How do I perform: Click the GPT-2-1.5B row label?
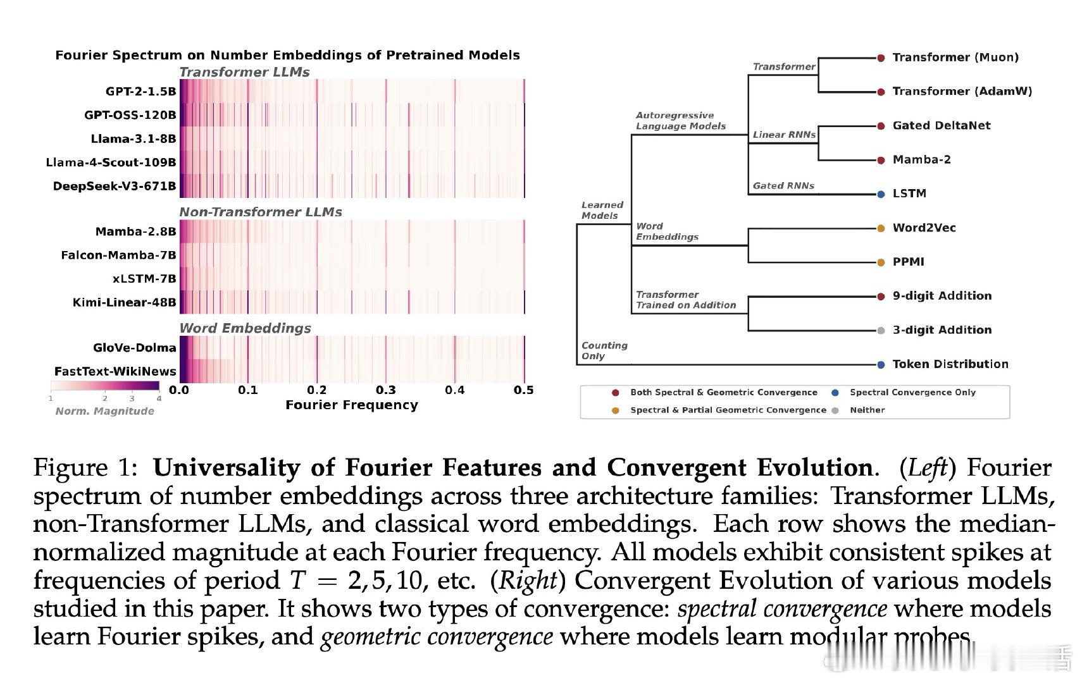pyautogui.click(x=140, y=91)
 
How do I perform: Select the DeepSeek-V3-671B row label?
pyautogui.click(x=115, y=187)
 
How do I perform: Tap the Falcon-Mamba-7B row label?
pyautogui.click(x=118, y=255)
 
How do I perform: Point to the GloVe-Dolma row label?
pyautogui.click(x=134, y=348)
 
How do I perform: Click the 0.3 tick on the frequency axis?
pyautogui.click(x=386, y=390)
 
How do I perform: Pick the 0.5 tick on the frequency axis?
pyautogui.click(x=524, y=390)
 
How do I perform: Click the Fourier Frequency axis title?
pyautogui.click(x=352, y=405)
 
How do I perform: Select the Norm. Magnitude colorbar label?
pyautogui.click(x=105, y=411)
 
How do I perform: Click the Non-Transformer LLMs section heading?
pyautogui.click(x=260, y=212)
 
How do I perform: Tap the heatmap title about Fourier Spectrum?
pyautogui.click(x=287, y=55)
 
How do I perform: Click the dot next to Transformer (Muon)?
pyautogui.click(x=881, y=58)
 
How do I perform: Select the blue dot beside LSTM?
pyautogui.click(x=881, y=194)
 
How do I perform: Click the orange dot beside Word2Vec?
pyautogui.click(x=881, y=228)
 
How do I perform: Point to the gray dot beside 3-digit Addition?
pyautogui.click(x=881, y=331)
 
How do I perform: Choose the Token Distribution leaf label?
pyautogui.click(x=950, y=364)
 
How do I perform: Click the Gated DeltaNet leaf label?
pyautogui.click(x=942, y=125)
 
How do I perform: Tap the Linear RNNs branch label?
pyautogui.click(x=784, y=135)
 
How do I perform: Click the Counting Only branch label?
pyautogui.click(x=604, y=351)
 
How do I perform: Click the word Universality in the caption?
pyautogui.click(x=227, y=467)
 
